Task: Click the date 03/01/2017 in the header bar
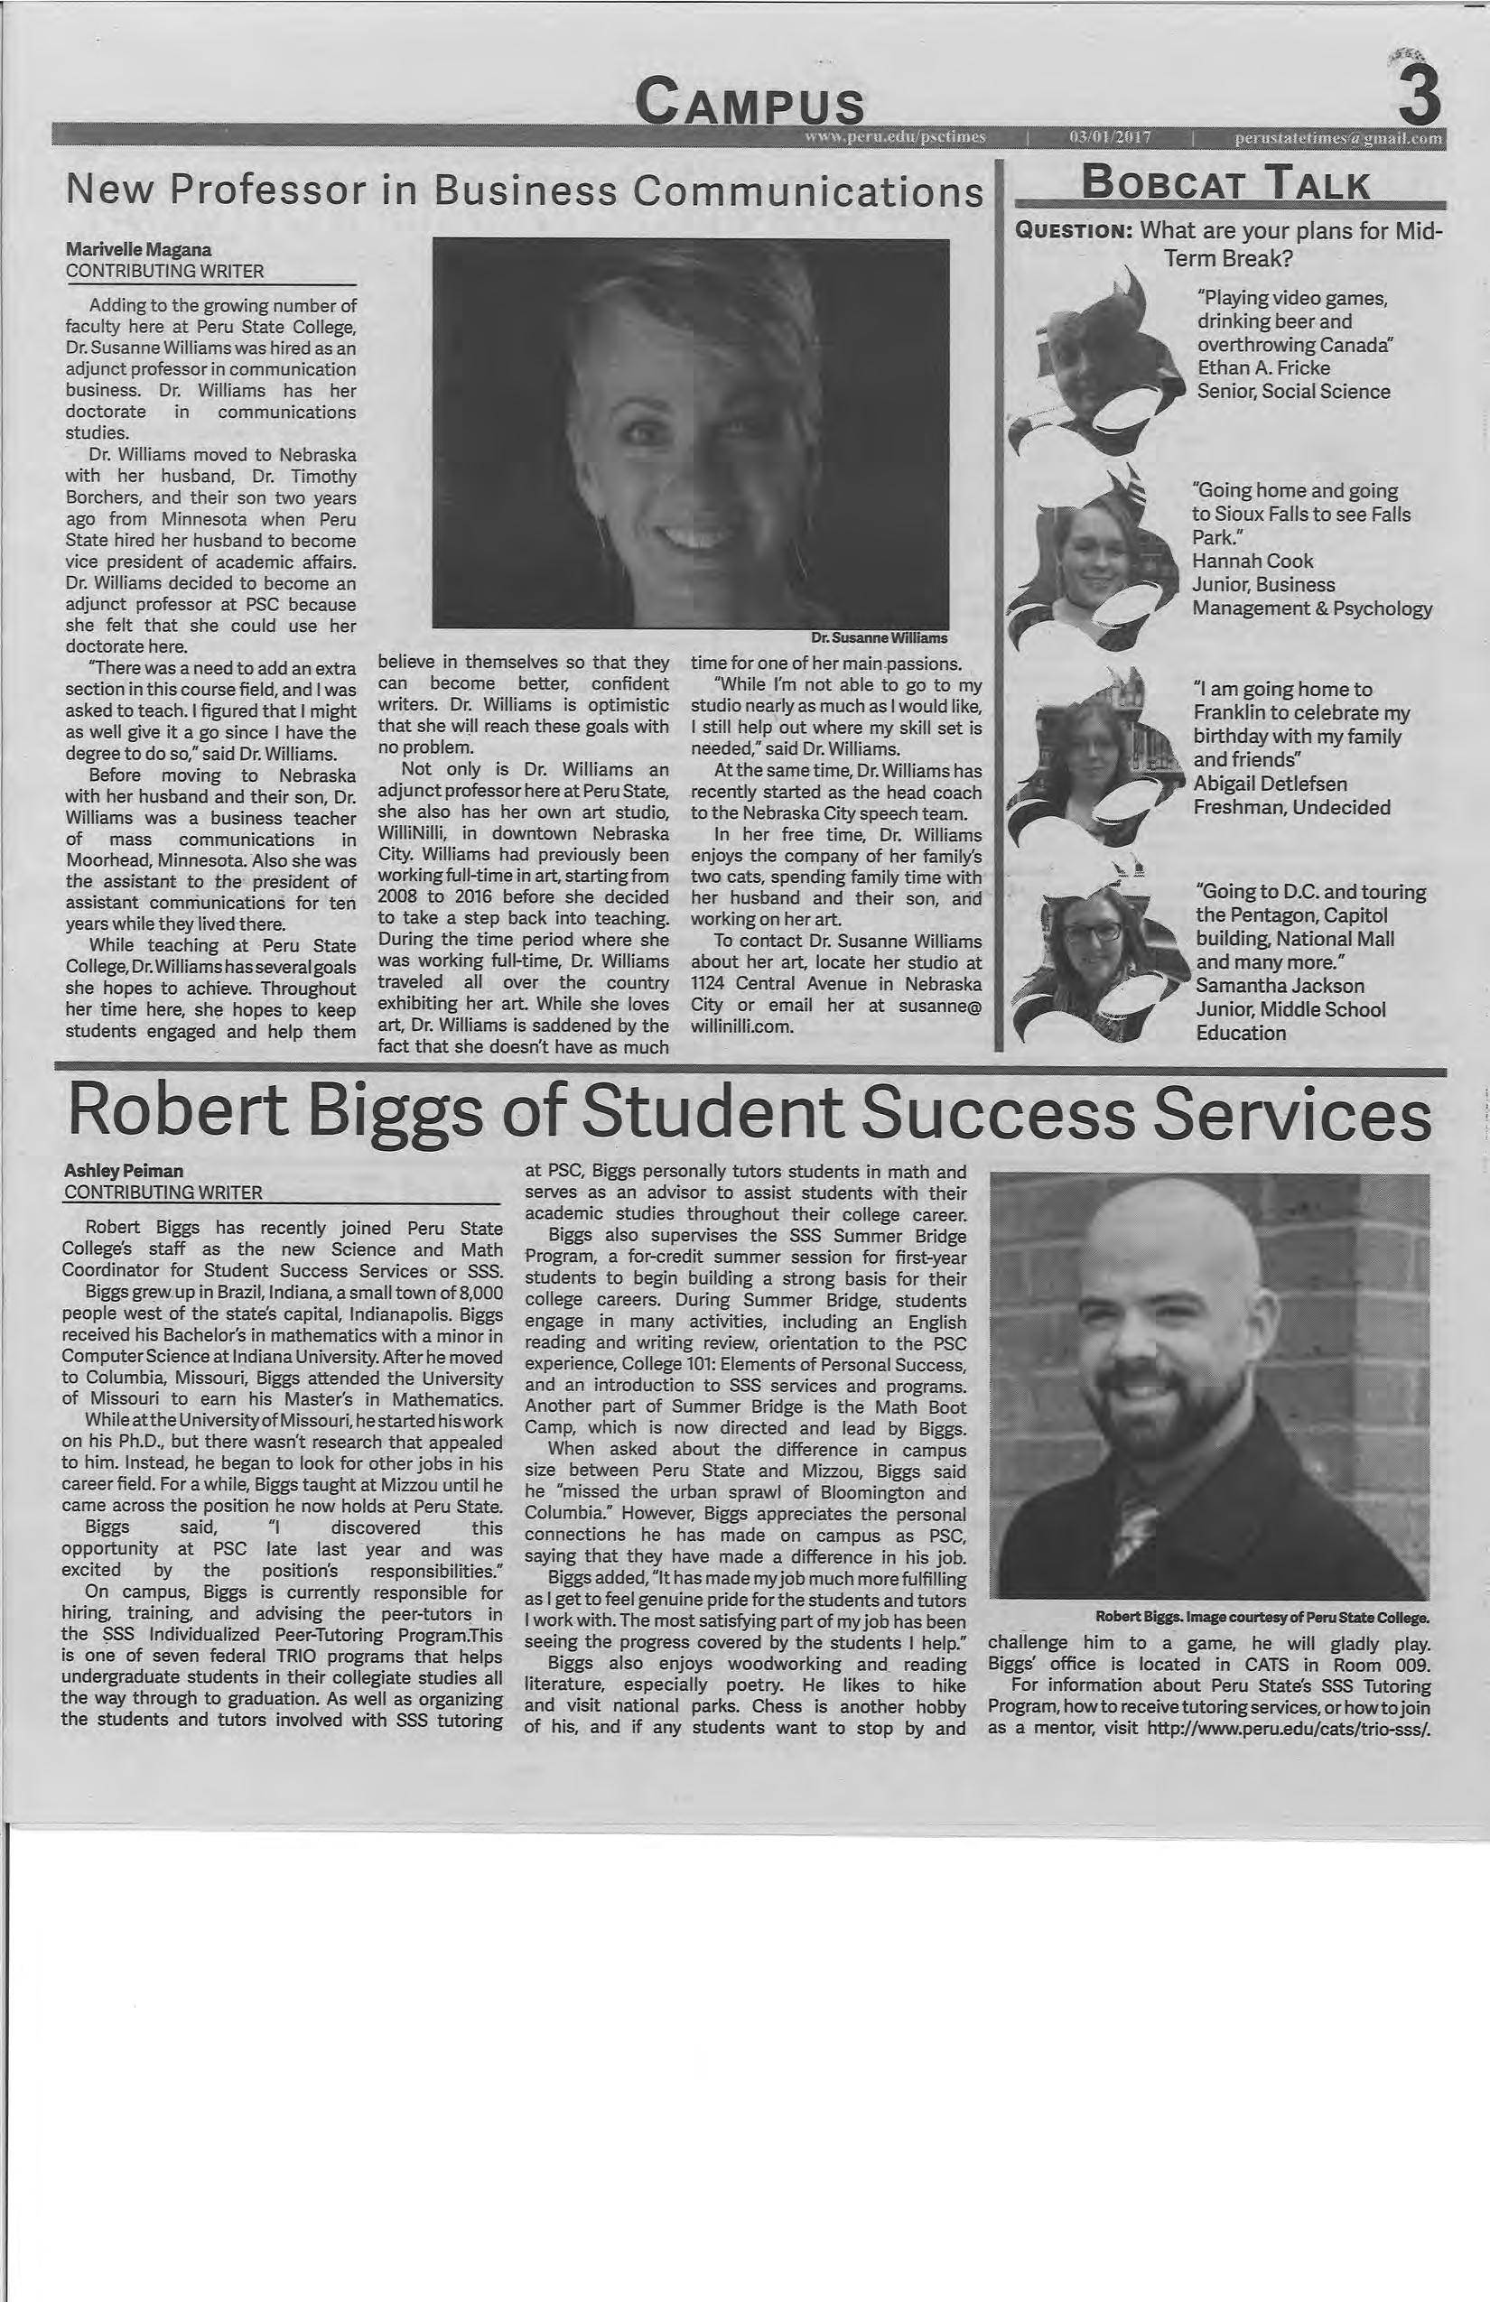(1109, 137)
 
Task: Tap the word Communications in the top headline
(805, 191)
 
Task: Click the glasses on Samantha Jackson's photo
(1094, 933)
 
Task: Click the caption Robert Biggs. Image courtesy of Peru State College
(1262, 1617)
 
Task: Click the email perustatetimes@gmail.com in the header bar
(1339, 137)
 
